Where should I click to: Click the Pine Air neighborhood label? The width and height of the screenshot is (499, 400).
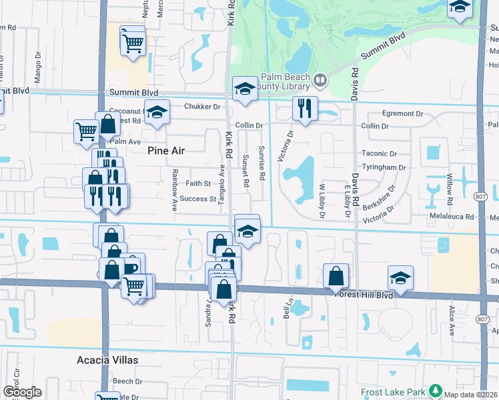(x=165, y=151)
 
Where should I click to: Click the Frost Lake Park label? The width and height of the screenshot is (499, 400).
(x=394, y=392)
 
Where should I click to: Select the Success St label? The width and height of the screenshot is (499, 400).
(x=198, y=199)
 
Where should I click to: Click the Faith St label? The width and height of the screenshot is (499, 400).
(x=198, y=183)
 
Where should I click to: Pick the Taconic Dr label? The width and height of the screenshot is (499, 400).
(x=379, y=153)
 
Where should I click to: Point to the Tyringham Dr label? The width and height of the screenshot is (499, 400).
(x=384, y=167)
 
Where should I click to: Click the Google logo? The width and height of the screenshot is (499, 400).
(x=22, y=392)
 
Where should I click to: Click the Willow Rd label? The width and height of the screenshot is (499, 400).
(x=450, y=190)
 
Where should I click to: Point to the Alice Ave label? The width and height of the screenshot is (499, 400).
(x=452, y=321)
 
